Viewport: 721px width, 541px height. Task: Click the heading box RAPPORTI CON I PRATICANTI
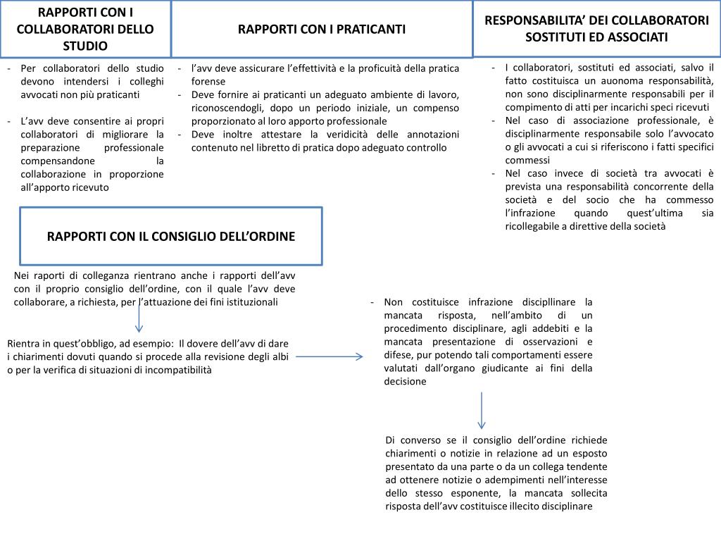pos(322,29)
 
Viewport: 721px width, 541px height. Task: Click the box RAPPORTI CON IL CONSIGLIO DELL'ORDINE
pos(171,236)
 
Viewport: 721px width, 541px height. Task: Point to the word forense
pos(208,81)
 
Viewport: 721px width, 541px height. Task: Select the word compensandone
pos(54,161)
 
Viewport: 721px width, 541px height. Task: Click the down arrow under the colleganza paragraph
pos(139,318)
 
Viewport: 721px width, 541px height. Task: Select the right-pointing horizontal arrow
pos(329,356)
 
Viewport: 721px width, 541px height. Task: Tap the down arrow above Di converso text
pos(482,410)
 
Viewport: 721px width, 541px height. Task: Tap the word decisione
pos(405,381)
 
